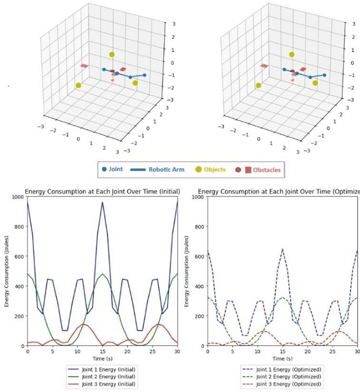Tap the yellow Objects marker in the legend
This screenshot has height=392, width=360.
click(x=199, y=170)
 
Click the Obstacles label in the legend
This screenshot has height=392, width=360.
click(x=267, y=170)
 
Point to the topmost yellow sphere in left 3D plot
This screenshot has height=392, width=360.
click(x=112, y=55)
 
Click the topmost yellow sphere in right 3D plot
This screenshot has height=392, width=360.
click(x=292, y=55)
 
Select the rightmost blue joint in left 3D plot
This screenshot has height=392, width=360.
click(x=145, y=75)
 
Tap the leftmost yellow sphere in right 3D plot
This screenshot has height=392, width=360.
click(x=258, y=86)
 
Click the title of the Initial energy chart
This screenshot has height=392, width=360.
click(x=102, y=191)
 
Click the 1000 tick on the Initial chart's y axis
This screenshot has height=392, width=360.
click(x=17, y=197)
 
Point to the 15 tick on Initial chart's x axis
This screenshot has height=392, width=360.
click(x=102, y=351)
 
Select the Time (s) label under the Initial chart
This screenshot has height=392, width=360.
click(x=102, y=359)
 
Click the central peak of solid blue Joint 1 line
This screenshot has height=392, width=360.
click(x=102, y=202)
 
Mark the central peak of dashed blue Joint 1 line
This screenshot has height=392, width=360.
click(x=282, y=249)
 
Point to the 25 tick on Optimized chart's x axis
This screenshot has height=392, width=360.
click(x=332, y=351)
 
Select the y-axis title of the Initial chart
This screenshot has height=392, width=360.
click(x=7, y=271)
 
